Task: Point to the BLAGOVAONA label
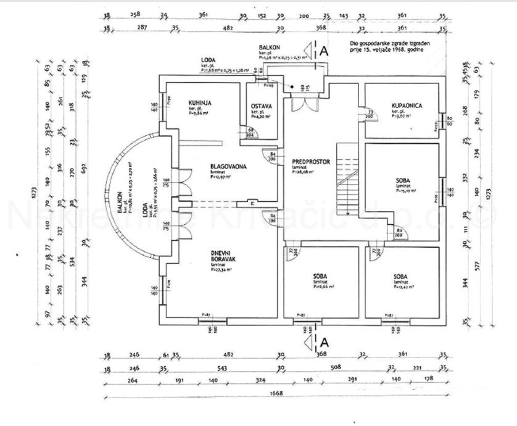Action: tap(212, 167)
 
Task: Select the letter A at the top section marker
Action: tap(322, 53)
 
